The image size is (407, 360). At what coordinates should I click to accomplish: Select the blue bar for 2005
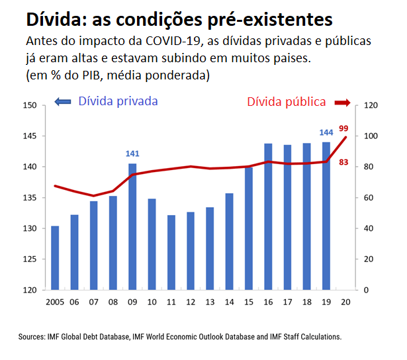click(x=55, y=258)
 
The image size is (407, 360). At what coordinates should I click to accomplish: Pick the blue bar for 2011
click(x=171, y=252)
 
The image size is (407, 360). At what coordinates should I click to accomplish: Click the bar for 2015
click(x=249, y=228)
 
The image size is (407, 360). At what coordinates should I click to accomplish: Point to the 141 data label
click(x=132, y=154)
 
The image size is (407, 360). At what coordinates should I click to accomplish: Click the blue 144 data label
click(x=326, y=132)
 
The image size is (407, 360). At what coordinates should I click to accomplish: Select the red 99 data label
click(x=343, y=128)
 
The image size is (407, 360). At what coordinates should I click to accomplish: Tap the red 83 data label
click(x=343, y=161)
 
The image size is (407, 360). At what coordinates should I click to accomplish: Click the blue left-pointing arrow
click(x=62, y=102)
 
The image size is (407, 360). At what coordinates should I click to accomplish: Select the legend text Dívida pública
click(x=286, y=102)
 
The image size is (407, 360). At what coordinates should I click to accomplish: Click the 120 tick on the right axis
click(x=369, y=105)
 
